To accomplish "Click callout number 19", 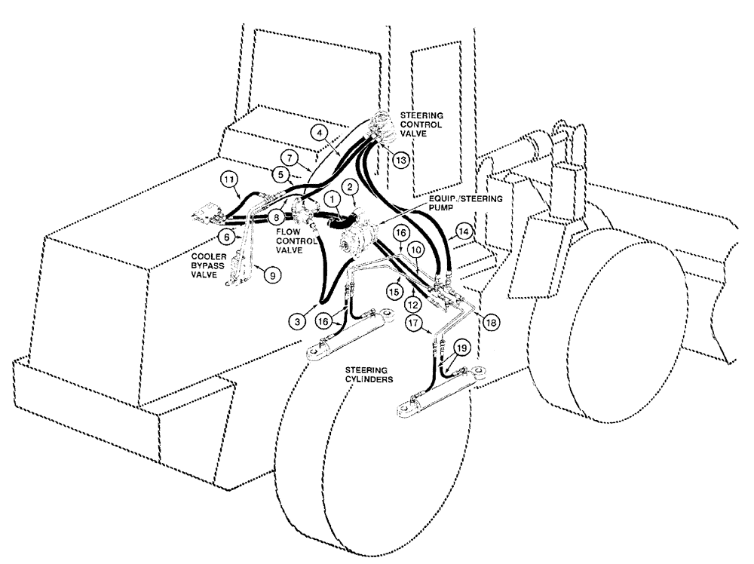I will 462,347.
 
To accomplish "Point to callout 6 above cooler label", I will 225,236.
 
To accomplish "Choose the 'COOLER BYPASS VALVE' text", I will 200,265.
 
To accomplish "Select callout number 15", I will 392,290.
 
